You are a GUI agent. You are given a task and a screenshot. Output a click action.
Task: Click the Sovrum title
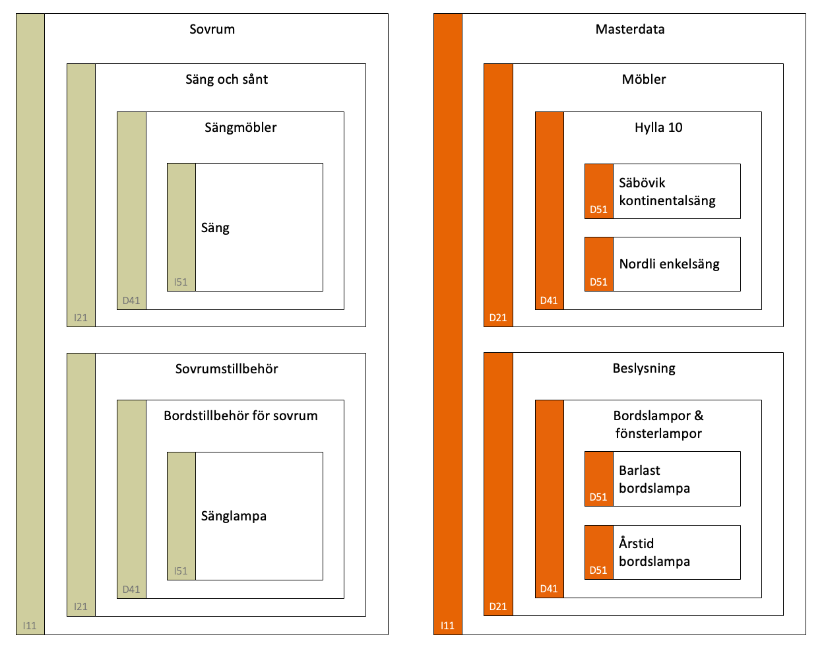[x=212, y=29]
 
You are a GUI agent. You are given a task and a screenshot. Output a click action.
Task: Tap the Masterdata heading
[x=629, y=29]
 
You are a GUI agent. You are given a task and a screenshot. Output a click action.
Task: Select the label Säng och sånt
[x=226, y=79]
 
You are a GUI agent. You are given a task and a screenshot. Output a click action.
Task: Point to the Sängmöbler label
[x=240, y=127]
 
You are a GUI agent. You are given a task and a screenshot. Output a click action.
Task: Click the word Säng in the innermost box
[x=215, y=228]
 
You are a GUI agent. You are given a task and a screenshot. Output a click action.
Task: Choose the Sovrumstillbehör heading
[x=226, y=369]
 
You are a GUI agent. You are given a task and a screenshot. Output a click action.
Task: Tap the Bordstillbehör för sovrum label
[x=240, y=416]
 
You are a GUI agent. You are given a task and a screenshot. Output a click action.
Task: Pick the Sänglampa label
[x=234, y=516]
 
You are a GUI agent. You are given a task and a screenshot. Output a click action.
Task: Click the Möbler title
[x=643, y=79]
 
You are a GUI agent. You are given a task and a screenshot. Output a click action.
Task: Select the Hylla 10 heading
[x=658, y=127]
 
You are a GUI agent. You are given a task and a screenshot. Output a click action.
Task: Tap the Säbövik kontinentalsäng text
[x=667, y=191]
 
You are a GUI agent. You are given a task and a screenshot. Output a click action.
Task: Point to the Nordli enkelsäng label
[x=669, y=264]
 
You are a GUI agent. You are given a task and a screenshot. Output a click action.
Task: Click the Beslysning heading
[x=644, y=369]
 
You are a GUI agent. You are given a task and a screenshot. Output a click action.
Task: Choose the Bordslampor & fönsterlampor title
[x=658, y=424]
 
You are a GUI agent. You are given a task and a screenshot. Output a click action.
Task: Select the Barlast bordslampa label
[x=654, y=479]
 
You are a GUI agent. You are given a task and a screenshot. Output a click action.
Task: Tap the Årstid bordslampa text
[x=654, y=552]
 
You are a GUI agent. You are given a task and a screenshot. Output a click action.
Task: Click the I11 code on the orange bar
[x=447, y=626]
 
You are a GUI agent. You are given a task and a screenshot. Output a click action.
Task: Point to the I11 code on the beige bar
[x=30, y=626]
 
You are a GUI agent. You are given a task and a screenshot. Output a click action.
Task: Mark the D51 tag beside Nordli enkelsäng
[x=598, y=282]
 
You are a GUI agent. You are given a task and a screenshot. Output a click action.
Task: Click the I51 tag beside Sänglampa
[x=181, y=571]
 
